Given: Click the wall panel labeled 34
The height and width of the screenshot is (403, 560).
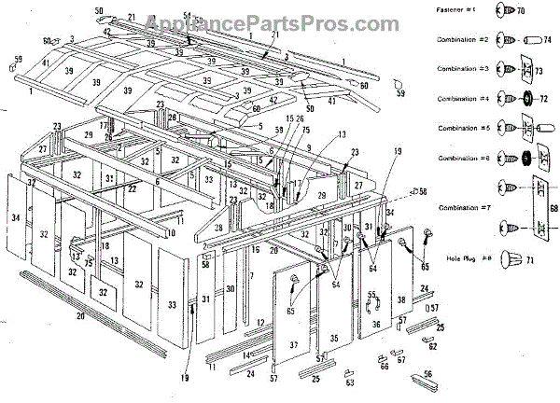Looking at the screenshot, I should coord(15,218).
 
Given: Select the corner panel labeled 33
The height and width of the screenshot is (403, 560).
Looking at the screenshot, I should coord(172,304).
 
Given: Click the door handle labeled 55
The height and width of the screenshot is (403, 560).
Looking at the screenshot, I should coord(371,296).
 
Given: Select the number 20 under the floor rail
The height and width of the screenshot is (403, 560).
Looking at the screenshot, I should coord(80,317).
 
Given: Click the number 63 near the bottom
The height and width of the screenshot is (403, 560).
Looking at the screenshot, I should coord(349,382).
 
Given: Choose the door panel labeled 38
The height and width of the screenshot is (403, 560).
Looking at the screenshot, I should coord(401,299).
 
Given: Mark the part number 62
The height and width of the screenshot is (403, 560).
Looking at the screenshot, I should coord(432,346).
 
